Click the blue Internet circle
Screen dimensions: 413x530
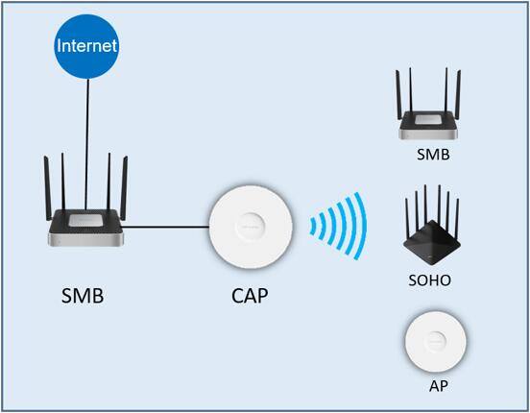87,44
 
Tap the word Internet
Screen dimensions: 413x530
87,45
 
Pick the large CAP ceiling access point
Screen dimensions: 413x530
252,228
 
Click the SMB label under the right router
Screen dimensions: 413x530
432,153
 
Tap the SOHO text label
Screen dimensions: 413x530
429,280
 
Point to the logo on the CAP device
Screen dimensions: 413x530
252,215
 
